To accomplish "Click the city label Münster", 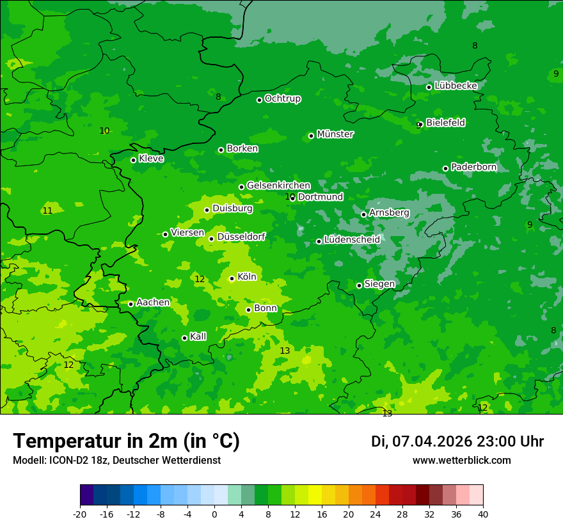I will [335, 134].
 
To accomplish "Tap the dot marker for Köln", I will [232, 278].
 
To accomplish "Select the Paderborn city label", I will [473, 167].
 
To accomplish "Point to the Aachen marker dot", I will [131, 304].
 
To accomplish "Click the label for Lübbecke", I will [456, 86].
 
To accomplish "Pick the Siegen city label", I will [379, 284].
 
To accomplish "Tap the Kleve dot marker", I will [133, 160].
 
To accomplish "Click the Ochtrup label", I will [282, 99].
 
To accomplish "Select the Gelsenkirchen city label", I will [278, 186].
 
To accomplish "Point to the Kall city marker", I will [184, 338].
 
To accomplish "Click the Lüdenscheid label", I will [352, 240].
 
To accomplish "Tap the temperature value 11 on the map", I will [47, 210].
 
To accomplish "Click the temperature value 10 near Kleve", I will [104, 131].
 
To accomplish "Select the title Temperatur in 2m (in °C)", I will [126, 441].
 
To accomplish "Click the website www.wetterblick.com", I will [461, 460].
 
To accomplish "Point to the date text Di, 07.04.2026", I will [422, 441].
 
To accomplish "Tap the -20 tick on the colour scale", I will [80, 514].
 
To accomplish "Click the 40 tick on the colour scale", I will [483, 514].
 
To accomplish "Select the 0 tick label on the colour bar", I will [214, 514].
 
